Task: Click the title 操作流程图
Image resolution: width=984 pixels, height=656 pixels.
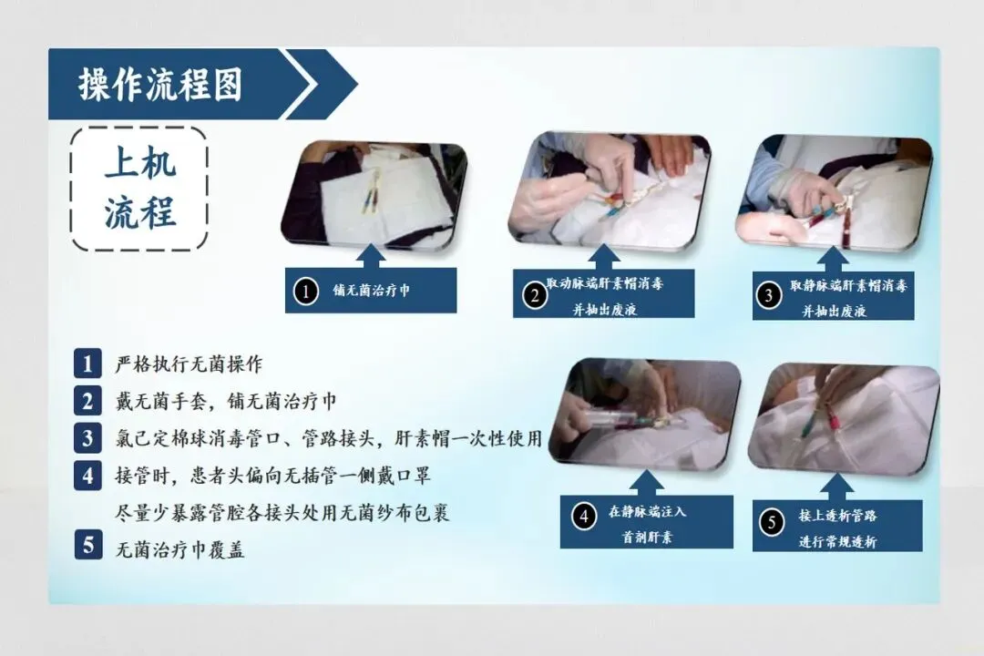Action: pos(160,85)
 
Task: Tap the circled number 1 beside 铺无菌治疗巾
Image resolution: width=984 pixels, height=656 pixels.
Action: pos(305,292)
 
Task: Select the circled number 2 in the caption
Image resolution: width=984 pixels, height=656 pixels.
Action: pos(535,294)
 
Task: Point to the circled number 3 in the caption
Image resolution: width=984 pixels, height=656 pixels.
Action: pos(769,295)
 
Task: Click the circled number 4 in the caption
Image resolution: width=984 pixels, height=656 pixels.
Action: pos(584,517)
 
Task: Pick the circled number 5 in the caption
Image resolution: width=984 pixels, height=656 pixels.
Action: pos(772,522)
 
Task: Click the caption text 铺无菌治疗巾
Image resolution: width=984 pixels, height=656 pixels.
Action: pos(372,290)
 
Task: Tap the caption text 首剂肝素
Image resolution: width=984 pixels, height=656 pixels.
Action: pos(647,537)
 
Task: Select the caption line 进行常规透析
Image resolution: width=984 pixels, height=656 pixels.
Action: pos(837,541)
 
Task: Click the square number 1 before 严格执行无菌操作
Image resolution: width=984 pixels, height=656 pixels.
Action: pos(87,364)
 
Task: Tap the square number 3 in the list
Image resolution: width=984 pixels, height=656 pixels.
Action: pos(87,438)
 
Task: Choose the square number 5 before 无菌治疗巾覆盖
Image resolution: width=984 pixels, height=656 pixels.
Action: pos(87,544)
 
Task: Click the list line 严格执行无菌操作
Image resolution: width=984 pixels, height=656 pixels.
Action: pos(189,364)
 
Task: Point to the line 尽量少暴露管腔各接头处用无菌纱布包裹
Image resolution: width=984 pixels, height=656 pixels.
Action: pos(282,513)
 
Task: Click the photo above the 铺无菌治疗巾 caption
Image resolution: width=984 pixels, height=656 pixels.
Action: pos(374,195)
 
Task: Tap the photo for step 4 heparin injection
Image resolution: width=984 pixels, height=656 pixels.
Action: pos(645,415)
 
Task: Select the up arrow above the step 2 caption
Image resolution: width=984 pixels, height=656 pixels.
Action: pos(604,257)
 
